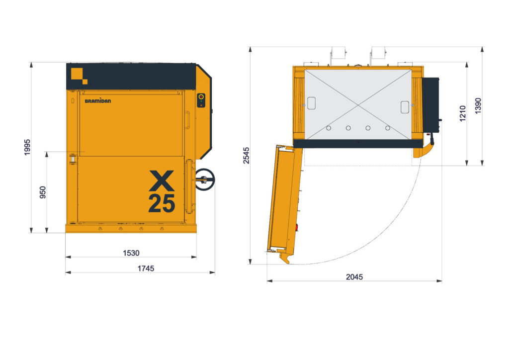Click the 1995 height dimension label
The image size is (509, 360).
[27, 147]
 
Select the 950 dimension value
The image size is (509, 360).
[43, 192]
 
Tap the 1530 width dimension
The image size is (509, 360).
[131, 253]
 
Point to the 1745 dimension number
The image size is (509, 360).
[146, 269]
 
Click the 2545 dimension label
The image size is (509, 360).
[247, 156]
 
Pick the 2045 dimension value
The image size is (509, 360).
[354, 277]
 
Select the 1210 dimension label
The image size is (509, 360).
[463, 113]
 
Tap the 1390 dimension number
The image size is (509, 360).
[478, 106]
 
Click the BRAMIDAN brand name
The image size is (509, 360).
[98, 100]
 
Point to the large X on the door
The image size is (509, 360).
[162, 181]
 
